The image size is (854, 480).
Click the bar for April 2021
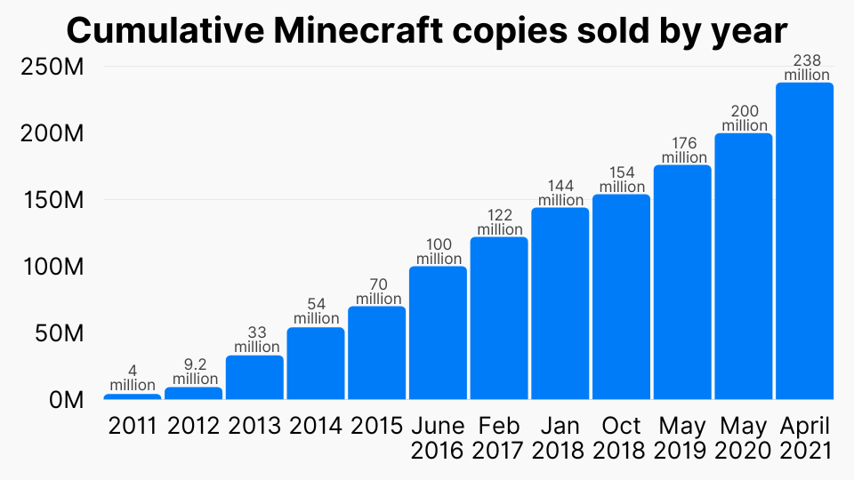click(x=804, y=241)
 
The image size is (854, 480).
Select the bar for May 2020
click(x=744, y=266)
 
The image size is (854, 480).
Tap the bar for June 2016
click(x=438, y=332)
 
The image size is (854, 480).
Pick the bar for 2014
click(x=316, y=364)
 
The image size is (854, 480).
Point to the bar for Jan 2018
click(x=560, y=303)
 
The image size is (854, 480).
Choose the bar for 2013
click(x=254, y=377)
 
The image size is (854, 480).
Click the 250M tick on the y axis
click(x=52, y=67)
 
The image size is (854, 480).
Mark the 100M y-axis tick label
click(x=52, y=267)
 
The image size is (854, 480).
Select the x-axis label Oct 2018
click(x=622, y=437)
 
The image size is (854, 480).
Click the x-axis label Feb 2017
click(x=499, y=437)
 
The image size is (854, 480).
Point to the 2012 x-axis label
click(x=193, y=426)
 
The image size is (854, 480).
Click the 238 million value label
click(x=806, y=68)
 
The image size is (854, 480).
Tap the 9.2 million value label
click(x=193, y=372)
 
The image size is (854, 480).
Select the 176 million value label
click(x=683, y=150)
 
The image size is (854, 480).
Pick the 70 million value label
click(x=377, y=292)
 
